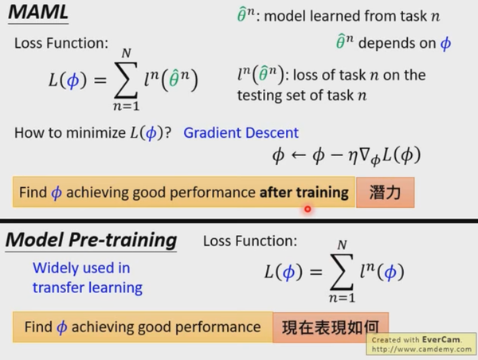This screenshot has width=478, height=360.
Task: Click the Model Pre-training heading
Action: tap(92, 240)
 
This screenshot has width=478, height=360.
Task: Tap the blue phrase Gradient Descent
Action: tap(241, 132)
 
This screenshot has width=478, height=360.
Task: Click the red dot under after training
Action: tap(307, 209)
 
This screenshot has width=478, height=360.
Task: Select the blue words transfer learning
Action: tap(88, 288)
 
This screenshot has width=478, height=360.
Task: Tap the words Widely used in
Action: tap(81, 268)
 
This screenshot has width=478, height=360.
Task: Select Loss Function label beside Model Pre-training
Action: tap(250, 240)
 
